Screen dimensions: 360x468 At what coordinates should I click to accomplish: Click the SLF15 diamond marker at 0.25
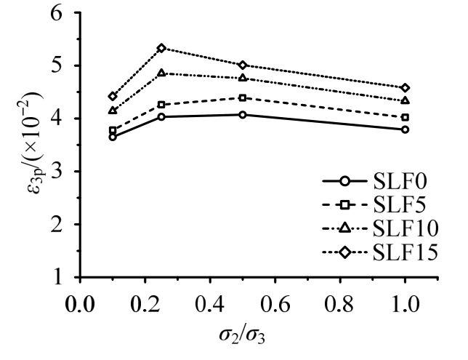tap(161, 48)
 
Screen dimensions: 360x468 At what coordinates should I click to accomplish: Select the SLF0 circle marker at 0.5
tap(242, 114)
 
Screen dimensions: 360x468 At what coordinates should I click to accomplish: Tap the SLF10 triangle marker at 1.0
tap(405, 100)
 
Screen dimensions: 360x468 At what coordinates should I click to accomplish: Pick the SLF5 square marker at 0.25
tap(161, 105)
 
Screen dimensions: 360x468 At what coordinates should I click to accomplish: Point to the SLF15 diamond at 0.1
tap(113, 96)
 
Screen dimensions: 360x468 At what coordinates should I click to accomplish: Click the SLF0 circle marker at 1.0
tap(405, 129)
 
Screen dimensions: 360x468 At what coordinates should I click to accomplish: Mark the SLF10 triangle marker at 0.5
tap(242, 78)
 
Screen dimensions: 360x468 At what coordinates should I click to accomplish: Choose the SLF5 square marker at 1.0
tap(405, 117)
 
